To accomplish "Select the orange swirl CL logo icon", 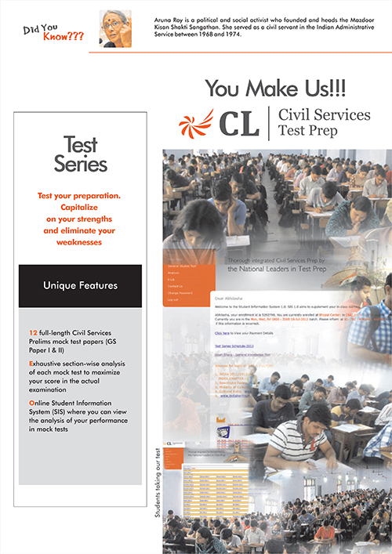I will (194, 122).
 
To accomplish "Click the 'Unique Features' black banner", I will (81, 285).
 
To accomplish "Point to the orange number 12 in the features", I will (32, 333).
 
